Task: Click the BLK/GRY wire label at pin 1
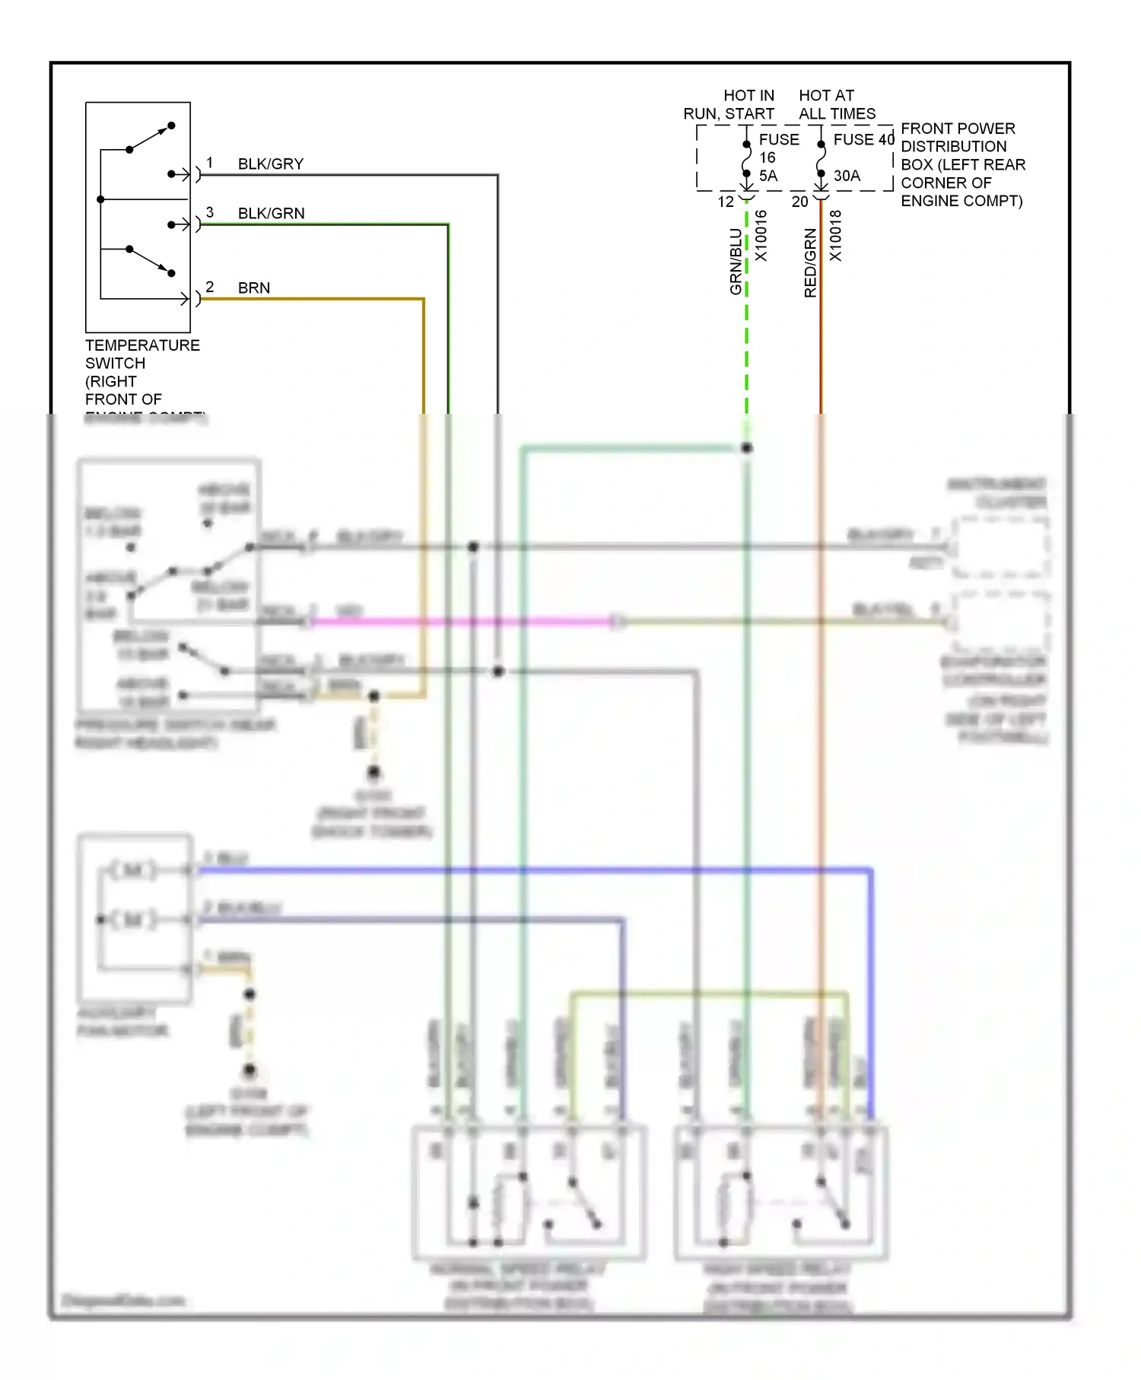click(x=270, y=164)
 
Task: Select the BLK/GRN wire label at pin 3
click(x=271, y=214)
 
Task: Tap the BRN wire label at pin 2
click(x=253, y=288)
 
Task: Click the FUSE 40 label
click(x=863, y=140)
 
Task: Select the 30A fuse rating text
click(x=847, y=176)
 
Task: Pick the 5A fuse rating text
click(x=768, y=176)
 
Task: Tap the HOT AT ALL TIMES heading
click(x=836, y=105)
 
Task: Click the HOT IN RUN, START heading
click(x=729, y=105)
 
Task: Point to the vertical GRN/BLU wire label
click(x=736, y=262)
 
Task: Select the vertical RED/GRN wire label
click(x=810, y=263)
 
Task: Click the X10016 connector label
click(x=761, y=236)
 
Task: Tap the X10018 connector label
click(x=835, y=236)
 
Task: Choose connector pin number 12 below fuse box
click(x=726, y=202)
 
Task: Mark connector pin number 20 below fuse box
click(x=799, y=202)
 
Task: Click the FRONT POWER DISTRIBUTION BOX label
click(x=962, y=164)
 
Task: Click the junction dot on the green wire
click(x=747, y=448)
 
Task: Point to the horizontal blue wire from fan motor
click(x=532, y=870)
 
